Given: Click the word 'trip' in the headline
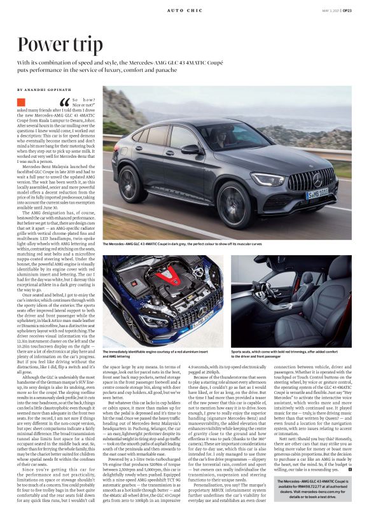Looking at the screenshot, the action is pos(82,45).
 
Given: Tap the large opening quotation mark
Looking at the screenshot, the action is pos(64,103).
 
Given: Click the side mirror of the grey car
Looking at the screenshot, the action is pos(190,150).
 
